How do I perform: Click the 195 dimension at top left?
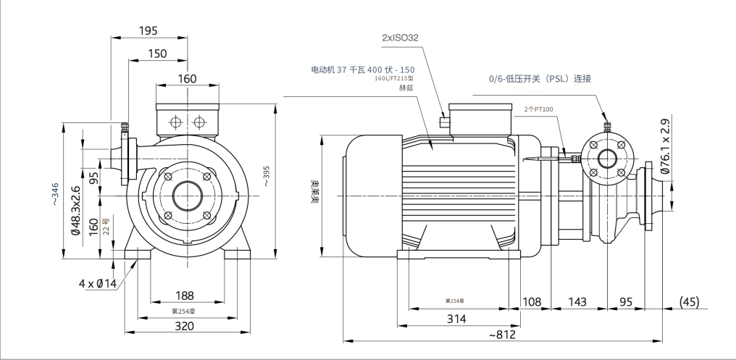click(149, 30)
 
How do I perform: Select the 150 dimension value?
click(157, 54)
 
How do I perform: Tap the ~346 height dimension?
click(57, 193)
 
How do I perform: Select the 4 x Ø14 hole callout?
click(98, 283)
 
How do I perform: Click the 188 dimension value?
click(185, 296)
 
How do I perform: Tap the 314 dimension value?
click(456, 319)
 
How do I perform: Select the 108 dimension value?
click(532, 301)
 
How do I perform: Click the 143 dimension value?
click(577, 301)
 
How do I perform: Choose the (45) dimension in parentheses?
click(689, 301)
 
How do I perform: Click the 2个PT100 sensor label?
click(538, 109)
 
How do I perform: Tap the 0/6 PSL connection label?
click(540, 78)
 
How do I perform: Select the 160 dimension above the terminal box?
click(187, 78)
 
